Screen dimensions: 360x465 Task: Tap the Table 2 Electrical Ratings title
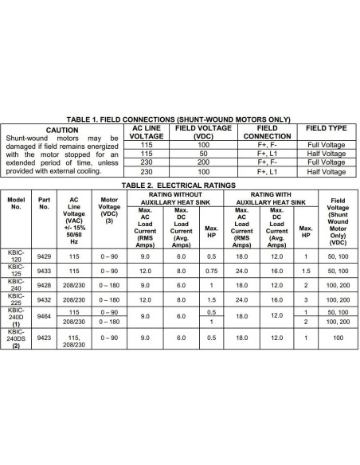tap(180, 184)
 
